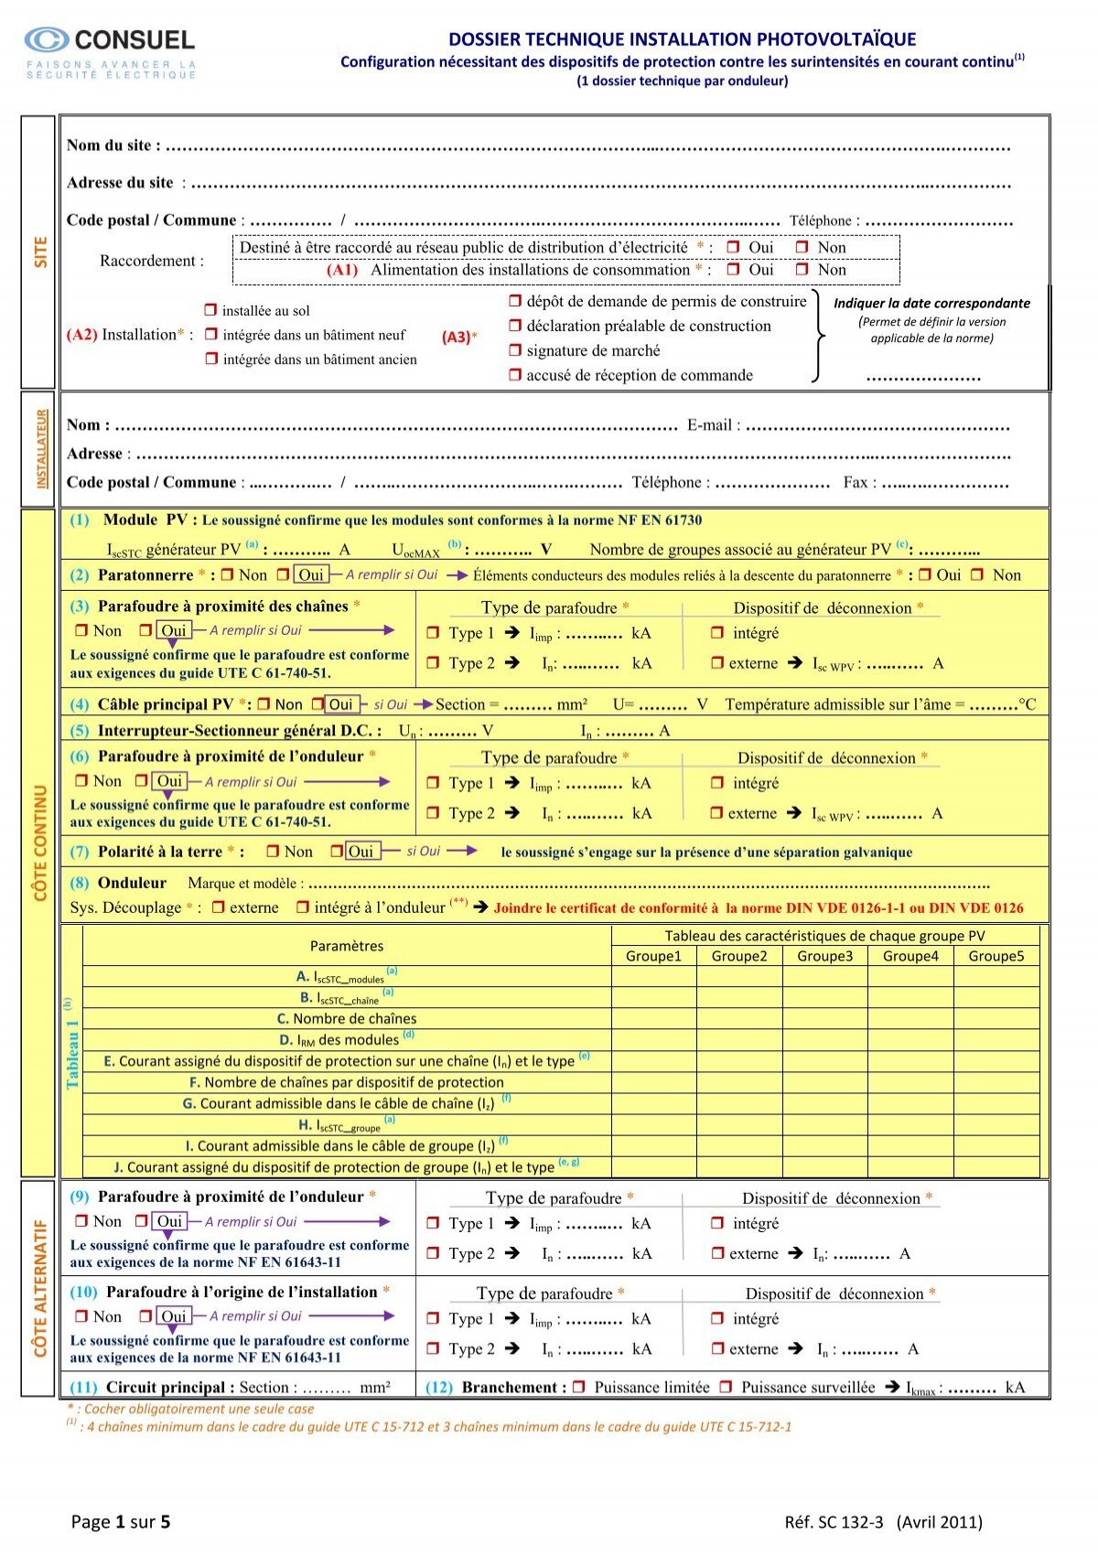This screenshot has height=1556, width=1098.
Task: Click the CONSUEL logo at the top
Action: (110, 40)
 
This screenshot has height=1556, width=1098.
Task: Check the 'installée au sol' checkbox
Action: (211, 310)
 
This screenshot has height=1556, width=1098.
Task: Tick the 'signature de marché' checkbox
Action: (515, 350)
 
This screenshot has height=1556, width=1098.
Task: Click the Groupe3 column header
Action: (824, 956)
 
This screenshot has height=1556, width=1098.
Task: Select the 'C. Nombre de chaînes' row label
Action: (347, 1018)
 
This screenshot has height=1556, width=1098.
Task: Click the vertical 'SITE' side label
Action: (39, 252)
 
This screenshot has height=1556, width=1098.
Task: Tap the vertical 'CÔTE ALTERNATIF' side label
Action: (39, 1288)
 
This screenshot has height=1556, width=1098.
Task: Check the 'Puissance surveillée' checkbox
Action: (726, 1387)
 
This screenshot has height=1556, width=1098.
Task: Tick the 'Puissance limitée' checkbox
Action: (578, 1387)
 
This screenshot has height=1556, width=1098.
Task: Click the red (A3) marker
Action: (456, 337)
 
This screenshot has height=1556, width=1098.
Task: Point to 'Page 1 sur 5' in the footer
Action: (121, 1521)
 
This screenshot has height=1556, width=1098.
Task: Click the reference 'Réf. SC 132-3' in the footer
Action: (834, 1521)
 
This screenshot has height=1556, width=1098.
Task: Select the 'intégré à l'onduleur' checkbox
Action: (303, 907)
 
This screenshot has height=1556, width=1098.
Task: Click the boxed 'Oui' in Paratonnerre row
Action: (311, 574)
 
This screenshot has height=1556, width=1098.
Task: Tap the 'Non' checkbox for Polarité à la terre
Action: (273, 852)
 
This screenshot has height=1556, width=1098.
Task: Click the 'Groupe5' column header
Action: (996, 956)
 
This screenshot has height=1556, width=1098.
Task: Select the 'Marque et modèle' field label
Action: (244, 883)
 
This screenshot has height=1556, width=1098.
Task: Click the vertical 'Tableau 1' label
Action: (72, 1052)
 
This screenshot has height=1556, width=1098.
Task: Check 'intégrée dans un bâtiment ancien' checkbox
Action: (211, 359)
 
